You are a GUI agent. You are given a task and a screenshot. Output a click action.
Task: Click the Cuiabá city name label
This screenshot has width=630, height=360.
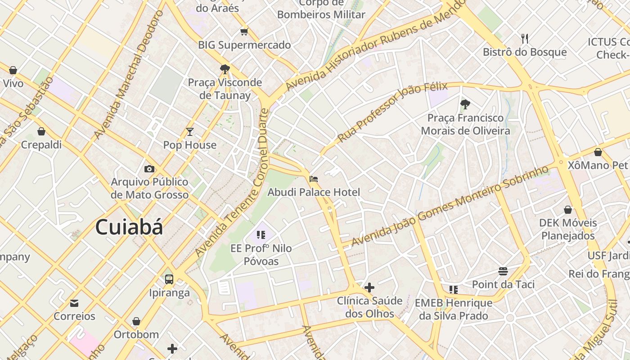point(129,227)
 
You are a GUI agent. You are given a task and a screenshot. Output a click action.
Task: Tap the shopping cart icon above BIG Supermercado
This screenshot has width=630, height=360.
point(244,31)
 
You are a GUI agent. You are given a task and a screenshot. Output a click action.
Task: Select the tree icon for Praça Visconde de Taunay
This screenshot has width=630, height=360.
point(225,69)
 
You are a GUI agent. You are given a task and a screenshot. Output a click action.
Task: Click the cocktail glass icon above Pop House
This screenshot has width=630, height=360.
point(190,132)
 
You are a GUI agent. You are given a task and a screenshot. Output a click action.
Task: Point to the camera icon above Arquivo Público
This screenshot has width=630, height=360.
point(149,169)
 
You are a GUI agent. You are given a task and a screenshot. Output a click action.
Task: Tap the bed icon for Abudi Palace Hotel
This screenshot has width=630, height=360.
point(314,179)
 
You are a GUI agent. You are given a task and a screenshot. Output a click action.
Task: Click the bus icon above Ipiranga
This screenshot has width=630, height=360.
point(169,279)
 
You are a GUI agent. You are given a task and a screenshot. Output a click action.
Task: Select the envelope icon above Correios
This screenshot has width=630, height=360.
point(74,303)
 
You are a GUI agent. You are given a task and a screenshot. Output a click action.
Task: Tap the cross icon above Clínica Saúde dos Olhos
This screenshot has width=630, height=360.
point(369,288)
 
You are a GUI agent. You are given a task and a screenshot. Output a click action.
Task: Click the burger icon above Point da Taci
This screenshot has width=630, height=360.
point(503,271)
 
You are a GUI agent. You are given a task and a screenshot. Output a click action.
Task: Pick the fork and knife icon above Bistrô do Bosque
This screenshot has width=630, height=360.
point(524,39)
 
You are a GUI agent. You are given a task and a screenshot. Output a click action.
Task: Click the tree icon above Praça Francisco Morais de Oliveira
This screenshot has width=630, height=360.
point(465,104)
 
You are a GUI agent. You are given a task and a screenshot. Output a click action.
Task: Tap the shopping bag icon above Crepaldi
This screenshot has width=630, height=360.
point(41,131)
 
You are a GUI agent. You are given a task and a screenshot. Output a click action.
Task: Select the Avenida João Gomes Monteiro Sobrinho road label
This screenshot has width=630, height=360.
point(450,206)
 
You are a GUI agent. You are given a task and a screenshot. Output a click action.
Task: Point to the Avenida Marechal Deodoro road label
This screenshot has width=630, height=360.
point(128,74)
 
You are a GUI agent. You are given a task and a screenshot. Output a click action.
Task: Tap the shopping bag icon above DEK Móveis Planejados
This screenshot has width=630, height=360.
point(568,210)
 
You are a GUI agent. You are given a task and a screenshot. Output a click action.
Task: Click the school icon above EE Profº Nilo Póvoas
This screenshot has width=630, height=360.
point(261,234)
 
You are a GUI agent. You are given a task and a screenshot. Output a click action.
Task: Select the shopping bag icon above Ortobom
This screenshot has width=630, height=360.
point(136,321)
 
